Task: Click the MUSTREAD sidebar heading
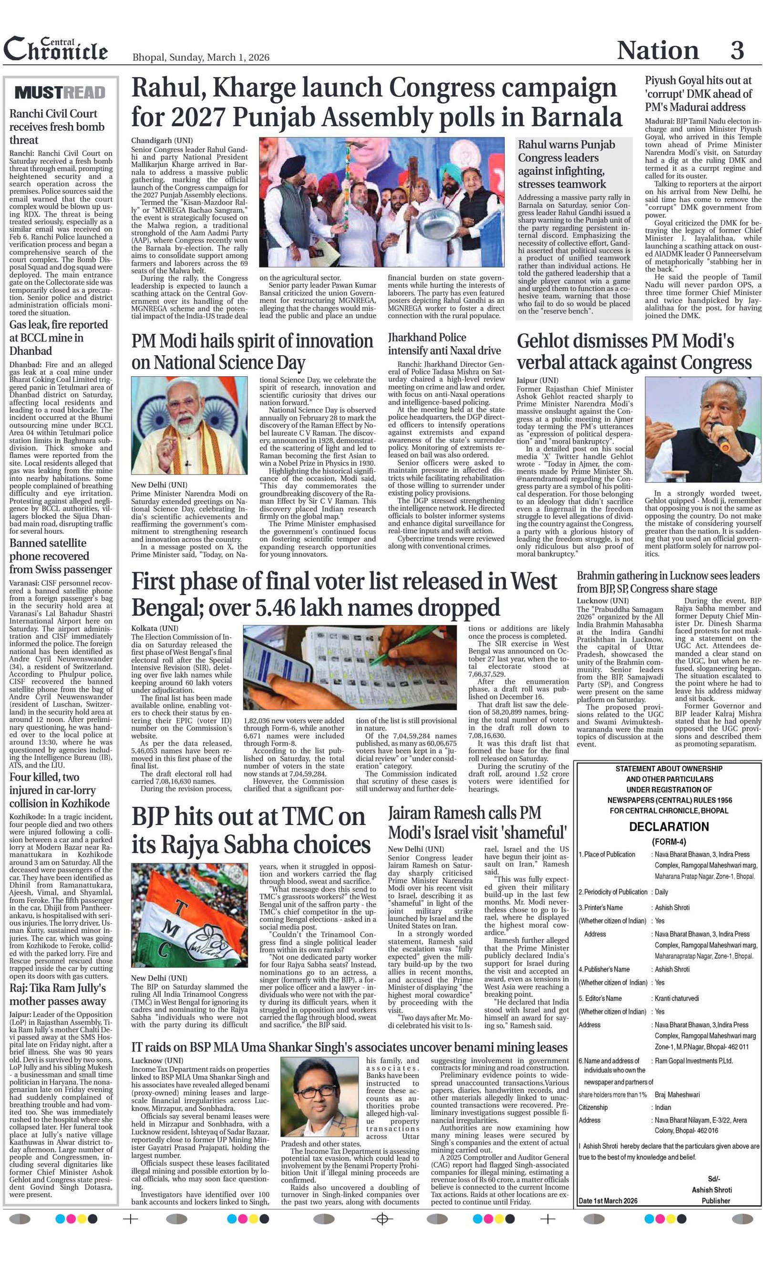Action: click(60, 93)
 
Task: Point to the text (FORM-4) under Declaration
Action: click(668, 842)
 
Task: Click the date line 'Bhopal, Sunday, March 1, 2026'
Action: click(201, 57)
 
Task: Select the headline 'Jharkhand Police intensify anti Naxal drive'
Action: click(443, 344)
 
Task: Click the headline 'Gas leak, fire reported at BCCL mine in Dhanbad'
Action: click(59, 338)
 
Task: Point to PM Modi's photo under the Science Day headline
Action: click(189, 425)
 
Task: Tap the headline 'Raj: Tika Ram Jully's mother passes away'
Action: click(58, 994)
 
